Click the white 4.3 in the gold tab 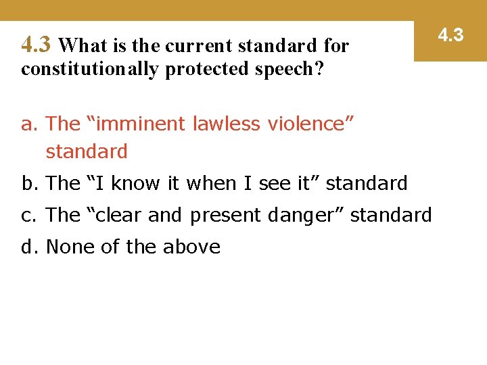(450, 34)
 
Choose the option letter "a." (30, 124)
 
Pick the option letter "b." (30, 183)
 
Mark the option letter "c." (30, 215)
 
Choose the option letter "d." (30, 247)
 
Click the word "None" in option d (70, 247)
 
